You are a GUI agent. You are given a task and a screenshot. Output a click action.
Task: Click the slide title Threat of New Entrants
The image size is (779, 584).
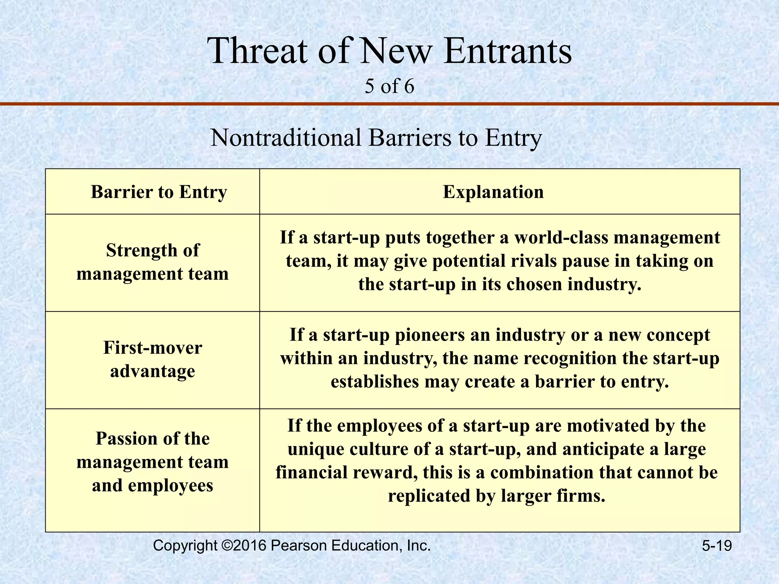coord(389,51)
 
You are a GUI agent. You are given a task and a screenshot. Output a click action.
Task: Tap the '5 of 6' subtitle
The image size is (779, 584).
coord(389,86)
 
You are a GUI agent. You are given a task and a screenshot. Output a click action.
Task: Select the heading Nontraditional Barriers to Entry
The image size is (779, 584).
coord(376,138)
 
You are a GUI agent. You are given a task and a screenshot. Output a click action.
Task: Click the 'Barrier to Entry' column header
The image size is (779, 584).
coord(159,192)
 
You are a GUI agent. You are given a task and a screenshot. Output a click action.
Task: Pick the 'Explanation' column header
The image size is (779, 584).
coord(493,192)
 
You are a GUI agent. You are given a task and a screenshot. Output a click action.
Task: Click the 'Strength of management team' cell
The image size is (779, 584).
coord(153,262)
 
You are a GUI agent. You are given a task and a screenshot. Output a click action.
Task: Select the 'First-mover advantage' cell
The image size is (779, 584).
coord(153,359)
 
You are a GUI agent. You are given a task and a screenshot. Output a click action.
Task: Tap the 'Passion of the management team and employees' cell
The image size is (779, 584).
coord(153,462)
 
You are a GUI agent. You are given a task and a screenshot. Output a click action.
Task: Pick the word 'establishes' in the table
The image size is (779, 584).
coord(374,382)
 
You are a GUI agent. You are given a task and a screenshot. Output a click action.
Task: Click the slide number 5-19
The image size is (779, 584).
coord(717,546)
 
